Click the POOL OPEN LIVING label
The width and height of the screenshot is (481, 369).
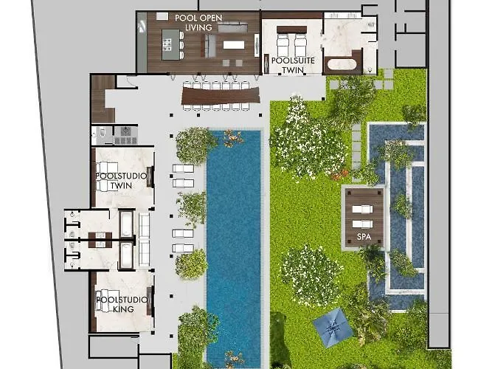click(x=198, y=22)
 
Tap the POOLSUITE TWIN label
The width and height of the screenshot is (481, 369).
click(x=293, y=65)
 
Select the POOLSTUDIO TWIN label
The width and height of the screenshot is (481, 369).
click(x=121, y=181)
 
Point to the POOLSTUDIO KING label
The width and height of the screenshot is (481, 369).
click(x=122, y=304)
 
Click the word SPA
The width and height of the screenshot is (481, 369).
click(x=364, y=237)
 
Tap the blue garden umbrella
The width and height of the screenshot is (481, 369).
click(x=332, y=328)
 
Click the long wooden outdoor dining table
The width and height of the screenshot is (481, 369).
click(x=221, y=95)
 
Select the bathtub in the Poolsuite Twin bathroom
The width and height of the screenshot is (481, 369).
click(x=342, y=64)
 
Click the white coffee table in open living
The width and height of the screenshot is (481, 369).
click(x=234, y=45)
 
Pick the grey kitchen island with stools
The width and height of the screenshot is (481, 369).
click(x=170, y=44)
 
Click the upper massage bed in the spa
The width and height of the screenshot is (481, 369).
click(x=362, y=210)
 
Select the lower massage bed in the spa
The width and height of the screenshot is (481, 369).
click(x=362, y=224)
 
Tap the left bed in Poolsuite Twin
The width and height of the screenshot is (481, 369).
click(x=283, y=44)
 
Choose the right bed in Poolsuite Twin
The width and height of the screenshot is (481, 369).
click(x=300, y=44)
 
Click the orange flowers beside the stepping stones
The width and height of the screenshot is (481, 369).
click(x=339, y=175)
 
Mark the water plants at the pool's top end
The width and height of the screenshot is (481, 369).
click(x=233, y=137)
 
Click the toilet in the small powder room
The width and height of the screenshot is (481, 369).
click(x=102, y=133)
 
